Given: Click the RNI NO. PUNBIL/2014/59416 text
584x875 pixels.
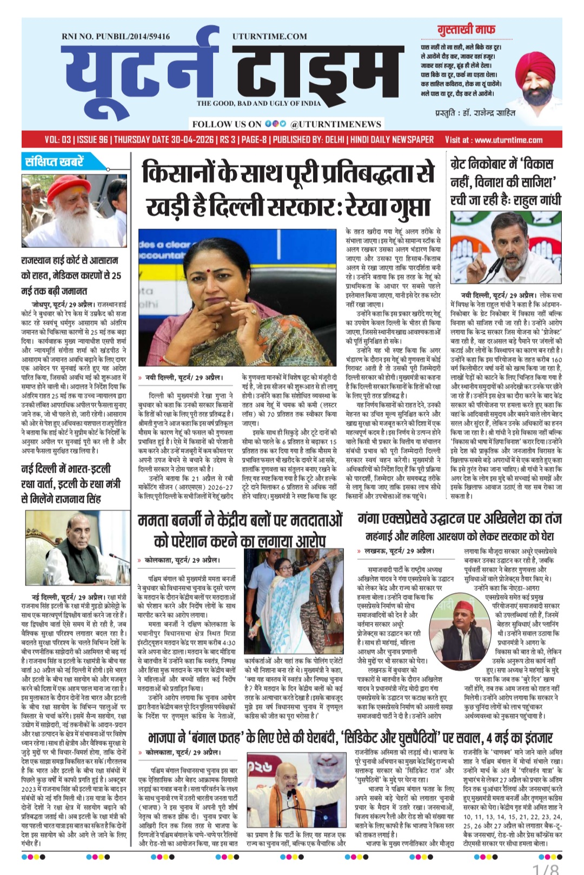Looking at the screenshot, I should click(x=116, y=36).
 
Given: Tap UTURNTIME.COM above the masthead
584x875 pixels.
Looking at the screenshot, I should click(x=270, y=36).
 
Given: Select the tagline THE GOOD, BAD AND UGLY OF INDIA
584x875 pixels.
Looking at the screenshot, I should click(x=258, y=103).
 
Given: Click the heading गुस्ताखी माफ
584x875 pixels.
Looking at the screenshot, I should click(x=466, y=30).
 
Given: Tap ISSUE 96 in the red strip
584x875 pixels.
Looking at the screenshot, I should click(x=92, y=140).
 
